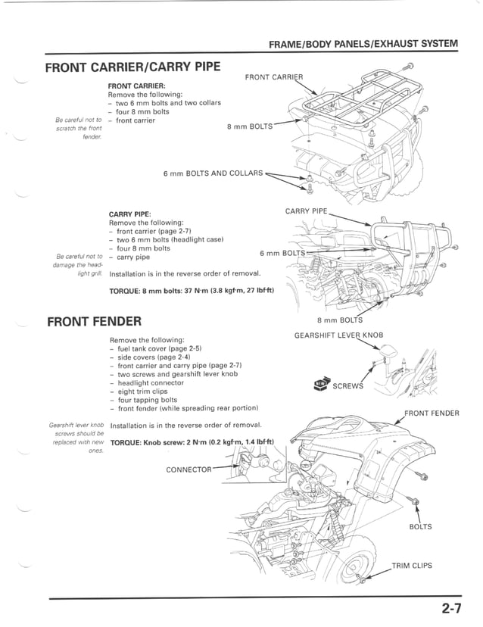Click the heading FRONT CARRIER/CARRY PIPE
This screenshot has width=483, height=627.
click(x=132, y=67)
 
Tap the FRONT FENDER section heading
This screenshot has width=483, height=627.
click(x=94, y=320)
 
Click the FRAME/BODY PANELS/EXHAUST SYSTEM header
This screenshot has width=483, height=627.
click(x=363, y=44)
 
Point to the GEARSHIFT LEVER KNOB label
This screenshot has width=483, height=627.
click(x=338, y=335)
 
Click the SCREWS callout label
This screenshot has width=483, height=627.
click(x=347, y=385)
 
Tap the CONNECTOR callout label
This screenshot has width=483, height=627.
click(x=189, y=469)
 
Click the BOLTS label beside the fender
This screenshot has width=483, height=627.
click(x=420, y=527)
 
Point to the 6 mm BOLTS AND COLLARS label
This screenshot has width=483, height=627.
click(x=213, y=173)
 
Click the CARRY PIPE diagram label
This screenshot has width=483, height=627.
click(x=306, y=211)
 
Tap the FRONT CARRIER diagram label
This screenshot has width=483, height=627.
click(x=274, y=77)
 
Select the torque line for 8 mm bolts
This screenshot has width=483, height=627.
click(x=192, y=290)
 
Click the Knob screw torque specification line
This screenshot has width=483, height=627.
click(x=192, y=442)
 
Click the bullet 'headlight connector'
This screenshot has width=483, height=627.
click(x=151, y=382)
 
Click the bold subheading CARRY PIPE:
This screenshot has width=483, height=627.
click(x=129, y=214)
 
